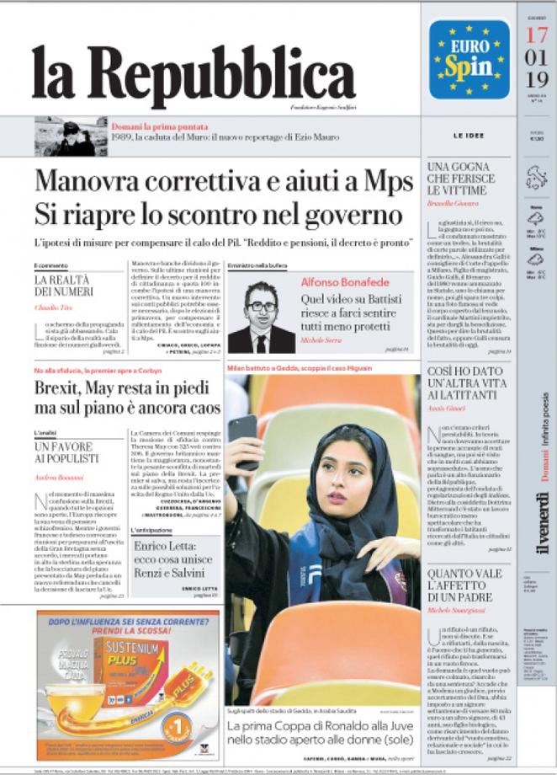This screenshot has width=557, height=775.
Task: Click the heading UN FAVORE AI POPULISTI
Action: [x=66, y=452]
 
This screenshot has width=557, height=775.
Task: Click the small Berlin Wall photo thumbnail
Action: [x=71, y=136]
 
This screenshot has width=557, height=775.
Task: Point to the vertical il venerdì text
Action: [x=543, y=522]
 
